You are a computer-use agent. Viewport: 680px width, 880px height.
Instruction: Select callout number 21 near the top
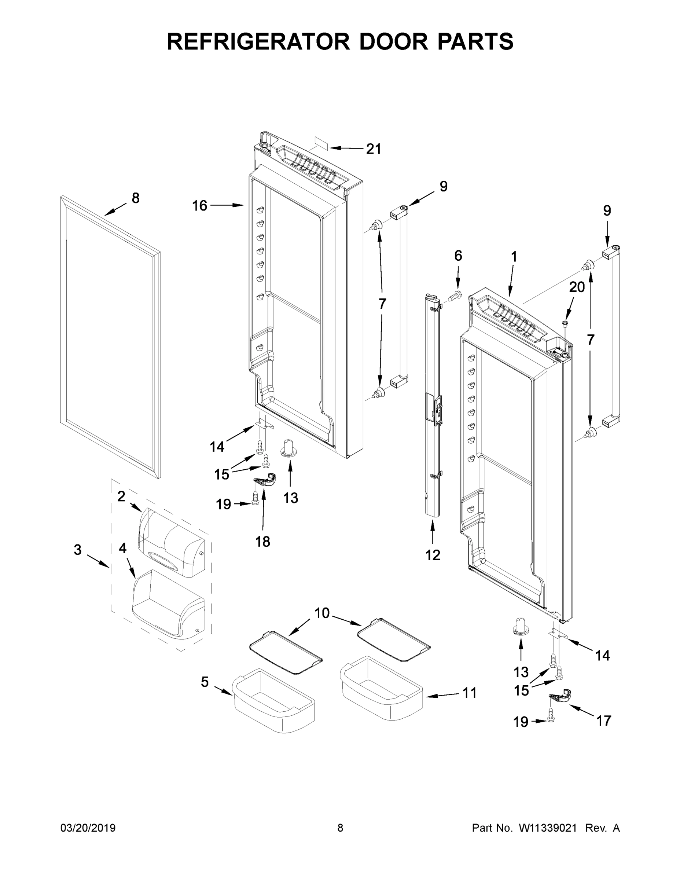point(374,149)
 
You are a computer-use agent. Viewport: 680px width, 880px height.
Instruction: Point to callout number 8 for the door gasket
point(136,198)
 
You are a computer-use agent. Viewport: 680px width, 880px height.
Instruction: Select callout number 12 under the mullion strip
point(433,555)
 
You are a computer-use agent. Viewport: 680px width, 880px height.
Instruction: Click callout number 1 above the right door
point(514,256)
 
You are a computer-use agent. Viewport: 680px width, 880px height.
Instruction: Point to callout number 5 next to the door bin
point(205,682)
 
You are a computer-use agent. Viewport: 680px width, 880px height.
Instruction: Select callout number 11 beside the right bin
point(469,693)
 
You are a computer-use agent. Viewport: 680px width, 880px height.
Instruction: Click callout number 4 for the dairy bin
point(122,548)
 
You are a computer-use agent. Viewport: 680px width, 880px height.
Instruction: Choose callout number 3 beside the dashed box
point(78,550)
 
